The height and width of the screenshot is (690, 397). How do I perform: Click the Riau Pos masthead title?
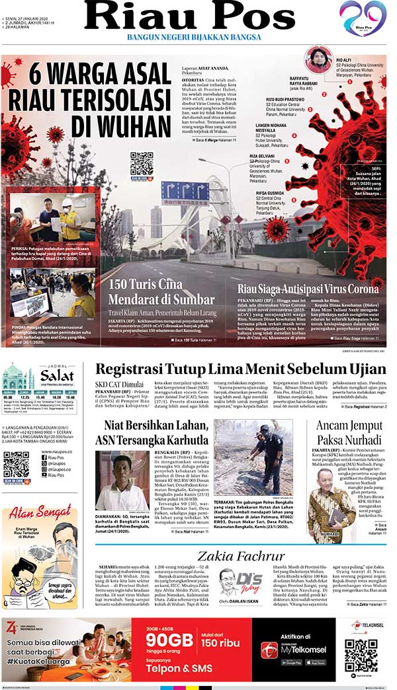tap(189, 17)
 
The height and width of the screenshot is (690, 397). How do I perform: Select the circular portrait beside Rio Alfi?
tap(318, 60)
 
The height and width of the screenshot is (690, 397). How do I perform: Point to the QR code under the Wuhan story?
tap(142, 163)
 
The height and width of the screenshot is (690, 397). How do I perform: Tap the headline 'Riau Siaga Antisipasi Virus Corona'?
tap(308, 289)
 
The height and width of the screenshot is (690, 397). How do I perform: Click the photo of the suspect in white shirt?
tap(122, 480)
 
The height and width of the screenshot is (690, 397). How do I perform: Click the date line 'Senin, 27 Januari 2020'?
tap(30, 4)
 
